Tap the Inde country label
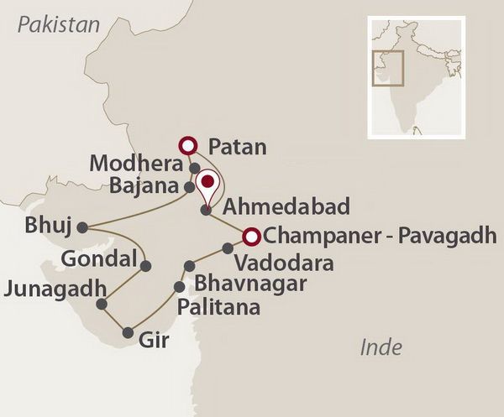coord(381,347)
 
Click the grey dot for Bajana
coord(189,185)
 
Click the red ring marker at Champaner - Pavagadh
coord(249,236)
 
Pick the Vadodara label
coord(283,263)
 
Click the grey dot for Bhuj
coord(81,227)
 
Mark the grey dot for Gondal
coord(146,266)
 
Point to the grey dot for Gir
coord(127,333)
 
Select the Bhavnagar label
coord(249,284)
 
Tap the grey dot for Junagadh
coord(102,304)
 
